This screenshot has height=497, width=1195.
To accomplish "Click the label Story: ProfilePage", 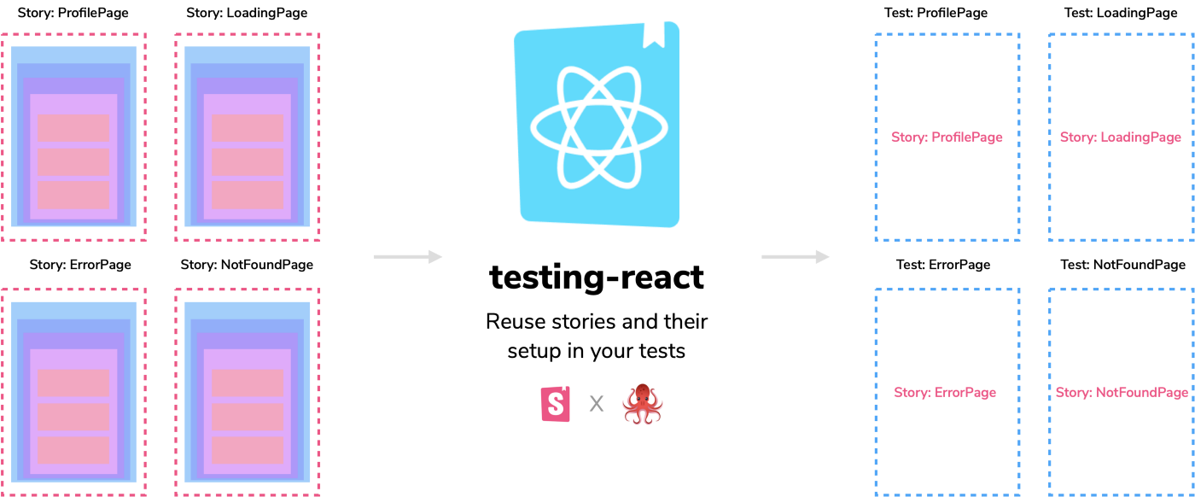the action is (947, 137).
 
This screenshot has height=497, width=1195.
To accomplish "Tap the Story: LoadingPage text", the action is (1120, 137).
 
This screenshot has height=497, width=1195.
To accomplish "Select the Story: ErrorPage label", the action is (945, 393).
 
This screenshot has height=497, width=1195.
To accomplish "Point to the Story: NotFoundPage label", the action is (1122, 393).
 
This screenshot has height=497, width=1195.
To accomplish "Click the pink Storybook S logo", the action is (557, 404).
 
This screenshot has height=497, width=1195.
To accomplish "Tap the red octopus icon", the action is (643, 404).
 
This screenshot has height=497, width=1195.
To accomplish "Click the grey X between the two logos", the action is (597, 404).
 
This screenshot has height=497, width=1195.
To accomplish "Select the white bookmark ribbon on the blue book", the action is (654, 34).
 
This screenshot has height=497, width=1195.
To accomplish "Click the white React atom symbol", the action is (598, 126).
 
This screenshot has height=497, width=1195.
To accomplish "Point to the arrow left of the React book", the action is (408, 256).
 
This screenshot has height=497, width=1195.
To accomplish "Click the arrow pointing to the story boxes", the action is (796, 256).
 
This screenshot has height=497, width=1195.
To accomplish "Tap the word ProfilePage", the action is (967, 137).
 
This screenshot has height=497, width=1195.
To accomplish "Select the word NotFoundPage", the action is (1142, 393).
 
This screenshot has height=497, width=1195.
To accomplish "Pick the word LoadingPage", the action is (1141, 137).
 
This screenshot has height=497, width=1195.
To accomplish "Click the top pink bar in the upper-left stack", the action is (73, 128).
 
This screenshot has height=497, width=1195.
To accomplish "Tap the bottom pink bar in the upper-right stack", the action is (248, 195).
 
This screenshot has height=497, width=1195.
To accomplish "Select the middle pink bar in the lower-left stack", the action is (73, 417).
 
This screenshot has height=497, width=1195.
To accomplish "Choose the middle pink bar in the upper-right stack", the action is (248, 161).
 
